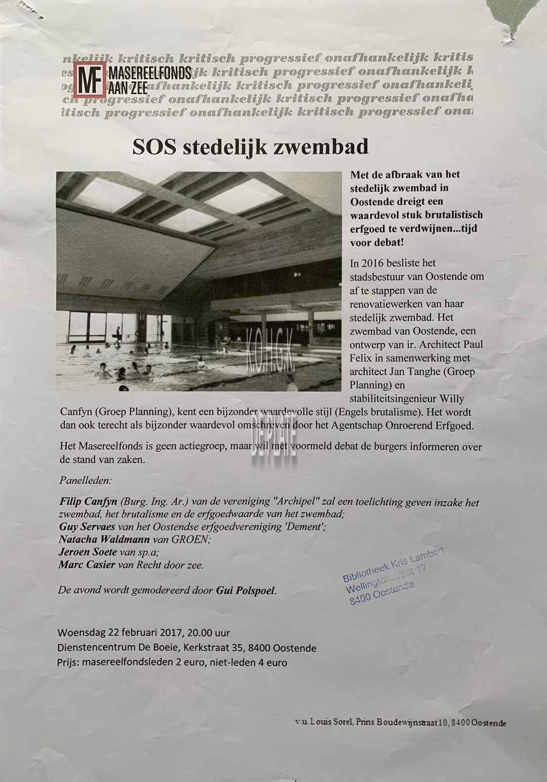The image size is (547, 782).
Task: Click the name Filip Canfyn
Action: [88, 502]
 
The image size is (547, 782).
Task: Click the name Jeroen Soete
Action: [88, 552]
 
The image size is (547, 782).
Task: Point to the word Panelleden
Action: [86, 479]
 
